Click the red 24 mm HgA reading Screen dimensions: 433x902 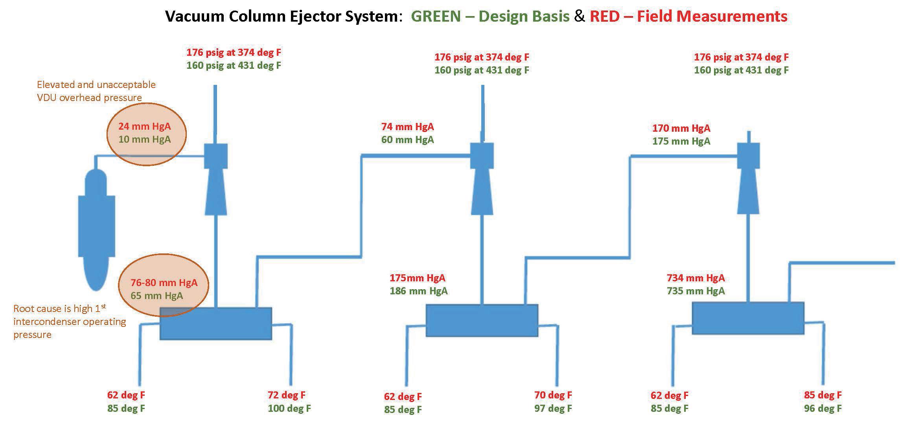(x=144, y=127)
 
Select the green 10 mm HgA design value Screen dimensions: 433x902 (x=144, y=139)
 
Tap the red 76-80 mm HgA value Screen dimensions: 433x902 (x=164, y=283)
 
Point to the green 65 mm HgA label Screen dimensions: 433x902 (x=156, y=296)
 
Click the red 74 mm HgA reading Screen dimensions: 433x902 (x=407, y=127)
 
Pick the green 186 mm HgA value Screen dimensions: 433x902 (x=418, y=291)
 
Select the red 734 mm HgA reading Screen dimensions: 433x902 (x=696, y=278)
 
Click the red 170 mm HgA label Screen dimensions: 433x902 (x=681, y=128)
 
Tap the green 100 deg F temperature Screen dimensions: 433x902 (x=289, y=409)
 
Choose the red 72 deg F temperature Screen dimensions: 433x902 (x=286, y=395)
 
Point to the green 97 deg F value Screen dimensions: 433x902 (x=553, y=409)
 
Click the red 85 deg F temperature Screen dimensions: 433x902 (x=823, y=395)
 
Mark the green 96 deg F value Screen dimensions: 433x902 (x=823, y=409)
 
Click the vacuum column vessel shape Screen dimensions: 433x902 (x=96, y=228)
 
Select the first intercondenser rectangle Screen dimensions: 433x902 (x=215, y=323)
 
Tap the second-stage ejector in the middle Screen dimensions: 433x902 (x=482, y=179)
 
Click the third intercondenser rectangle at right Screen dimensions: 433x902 (x=747, y=318)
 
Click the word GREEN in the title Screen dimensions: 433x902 (x=436, y=17)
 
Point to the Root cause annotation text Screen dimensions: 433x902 (x=70, y=322)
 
